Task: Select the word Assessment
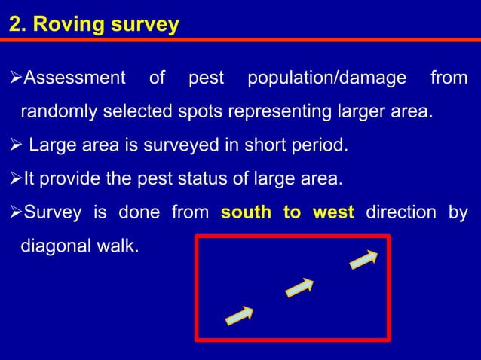point(75,78)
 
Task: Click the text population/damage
point(326,78)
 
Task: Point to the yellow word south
point(247,213)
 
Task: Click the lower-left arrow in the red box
point(239,316)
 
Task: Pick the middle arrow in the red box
point(299,288)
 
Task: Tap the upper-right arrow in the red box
point(363,258)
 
